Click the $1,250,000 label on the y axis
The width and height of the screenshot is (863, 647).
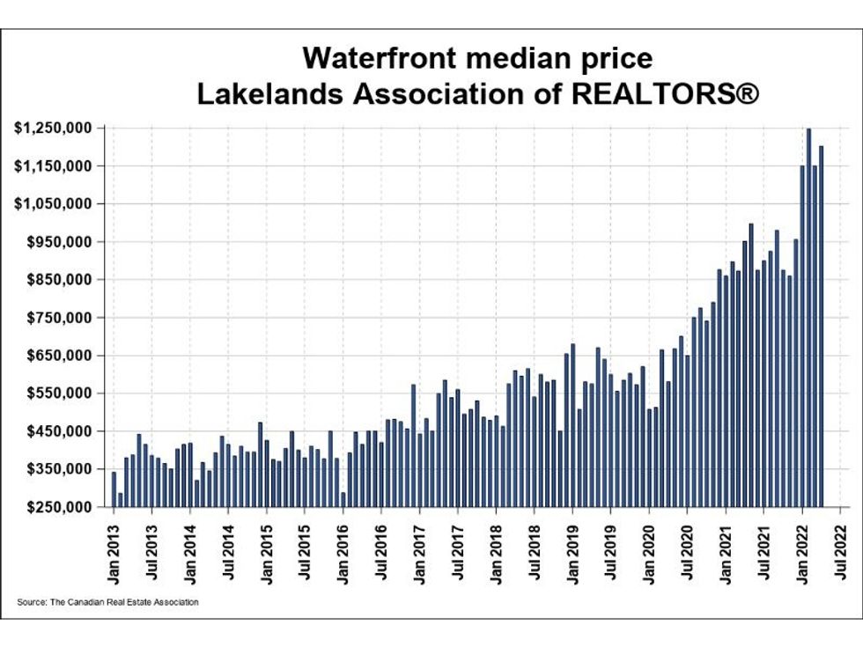[x=54, y=129]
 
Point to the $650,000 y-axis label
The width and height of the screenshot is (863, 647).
[x=59, y=356]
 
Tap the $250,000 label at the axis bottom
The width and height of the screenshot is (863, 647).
[x=59, y=507]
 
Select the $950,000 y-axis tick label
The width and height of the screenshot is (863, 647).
[x=59, y=242]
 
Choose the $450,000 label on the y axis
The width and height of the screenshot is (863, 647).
[x=59, y=431]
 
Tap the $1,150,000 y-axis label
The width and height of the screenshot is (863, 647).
[x=54, y=166]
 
